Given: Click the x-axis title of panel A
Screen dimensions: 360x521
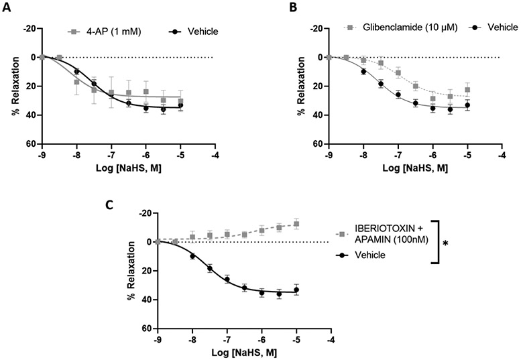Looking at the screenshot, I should point(127,167).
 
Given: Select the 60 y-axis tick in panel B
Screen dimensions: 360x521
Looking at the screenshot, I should point(317,143).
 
